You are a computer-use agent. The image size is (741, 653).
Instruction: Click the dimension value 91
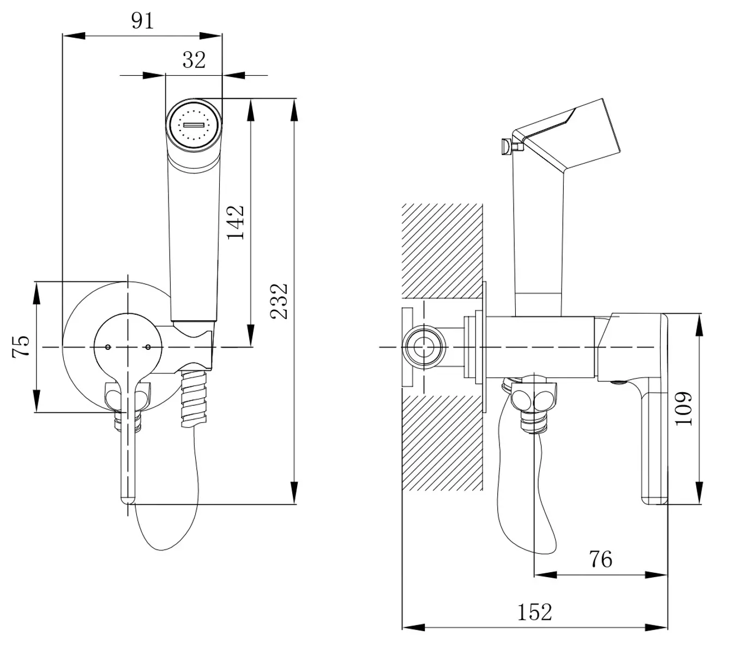143,20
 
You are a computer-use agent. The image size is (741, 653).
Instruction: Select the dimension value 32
194,59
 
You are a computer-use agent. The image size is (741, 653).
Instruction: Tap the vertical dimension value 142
235,222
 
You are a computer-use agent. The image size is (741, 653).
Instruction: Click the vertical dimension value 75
21,346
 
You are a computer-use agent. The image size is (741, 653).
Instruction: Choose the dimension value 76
600,559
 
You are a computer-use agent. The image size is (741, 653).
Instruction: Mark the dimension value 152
534,612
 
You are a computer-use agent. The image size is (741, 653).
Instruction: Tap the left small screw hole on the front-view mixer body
108,347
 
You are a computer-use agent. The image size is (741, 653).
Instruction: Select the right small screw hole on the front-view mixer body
148,347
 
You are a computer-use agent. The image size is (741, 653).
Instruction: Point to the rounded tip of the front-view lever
127,499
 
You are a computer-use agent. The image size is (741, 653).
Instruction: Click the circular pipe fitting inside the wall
423,347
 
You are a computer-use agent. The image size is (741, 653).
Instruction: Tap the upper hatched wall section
442,251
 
